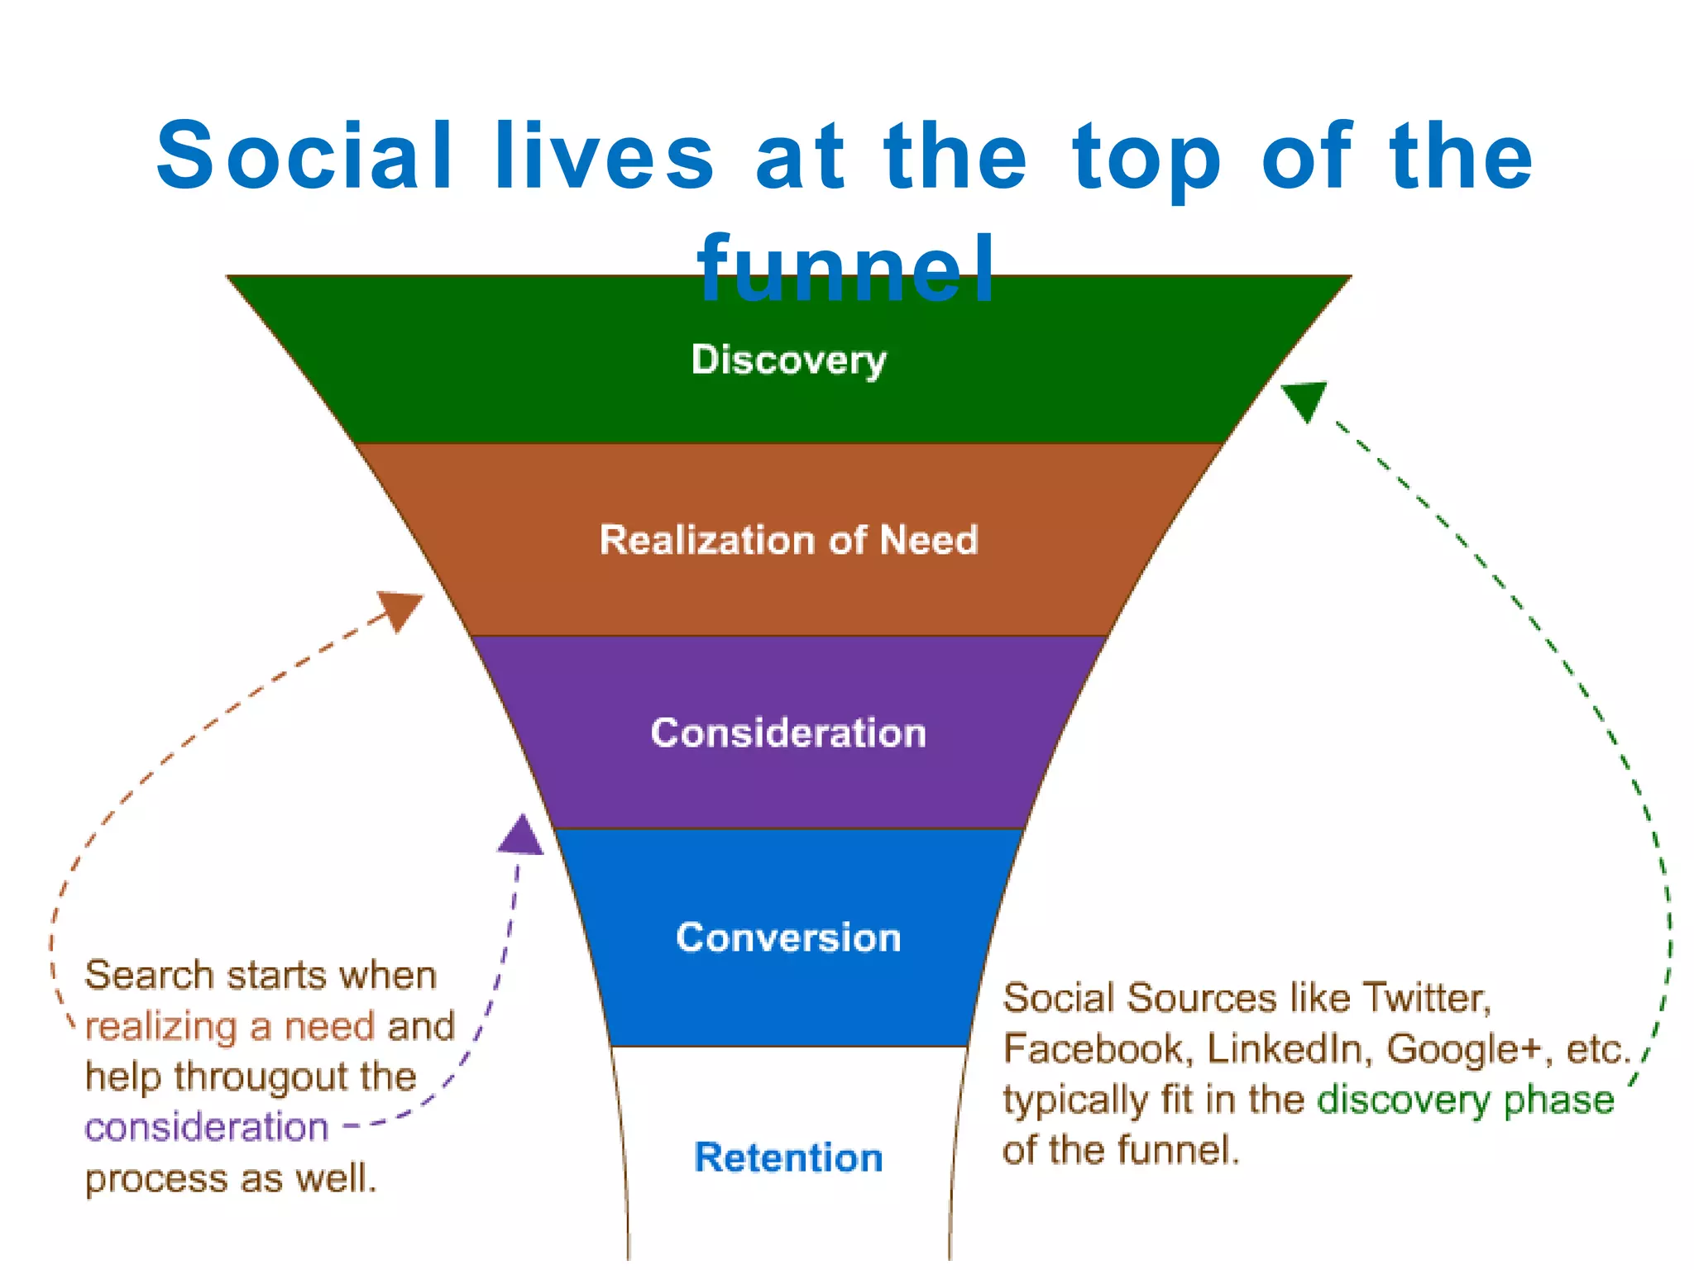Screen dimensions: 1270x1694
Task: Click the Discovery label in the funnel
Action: pyautogui.click(x=788, y=360)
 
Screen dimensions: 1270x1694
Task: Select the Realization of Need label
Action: pyautogui.click(x=788, y=540)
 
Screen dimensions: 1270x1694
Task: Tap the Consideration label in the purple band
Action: pyautogui.click(x=788, y=733)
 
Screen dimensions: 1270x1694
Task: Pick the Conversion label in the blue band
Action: pyautogui.click(x=788, y=937)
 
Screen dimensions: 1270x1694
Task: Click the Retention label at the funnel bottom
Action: pyautogui.click(x=788, y=1157)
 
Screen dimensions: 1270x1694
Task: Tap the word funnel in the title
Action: pyautogui.click(x=846, y=269)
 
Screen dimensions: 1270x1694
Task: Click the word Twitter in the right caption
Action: pyautogui.click(x=1425, y=997)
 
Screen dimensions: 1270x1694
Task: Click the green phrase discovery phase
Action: pyautogui.click(x=1465, y=1101)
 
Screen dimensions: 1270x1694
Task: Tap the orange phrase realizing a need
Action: pyautogui.click(x=230, y=1026)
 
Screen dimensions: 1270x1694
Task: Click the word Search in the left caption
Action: pyautogui.click(x=149, y=975)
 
